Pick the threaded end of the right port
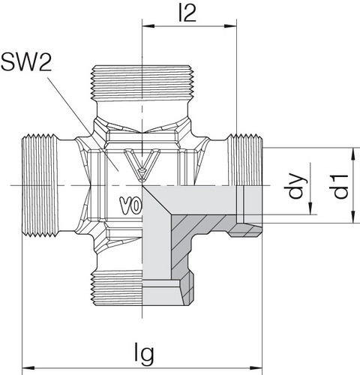[247, 161]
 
